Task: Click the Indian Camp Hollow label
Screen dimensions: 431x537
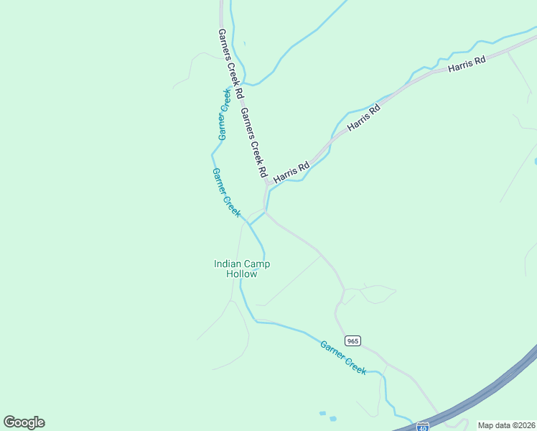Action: (x=242, y=269)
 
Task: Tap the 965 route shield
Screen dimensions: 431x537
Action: (x=352, y=340)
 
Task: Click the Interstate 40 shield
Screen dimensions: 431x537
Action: (x=423, y=427)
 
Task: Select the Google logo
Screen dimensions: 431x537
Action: (x=24, y=422)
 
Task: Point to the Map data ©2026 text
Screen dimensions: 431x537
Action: (x=506, y=425)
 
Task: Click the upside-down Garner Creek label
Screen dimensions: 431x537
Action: (x=224, y=114)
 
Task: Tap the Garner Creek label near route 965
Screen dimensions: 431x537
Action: (x=343, y=356)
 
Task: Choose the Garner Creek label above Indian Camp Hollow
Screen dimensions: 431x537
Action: (x=227, y=192)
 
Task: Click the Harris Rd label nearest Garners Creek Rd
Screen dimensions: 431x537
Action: (x=291, y=171)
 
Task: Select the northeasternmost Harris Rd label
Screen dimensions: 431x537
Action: (x=467, y=65)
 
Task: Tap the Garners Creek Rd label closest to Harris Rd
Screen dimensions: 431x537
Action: (x=254, y=143)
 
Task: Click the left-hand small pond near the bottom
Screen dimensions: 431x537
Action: (x=322, y=414)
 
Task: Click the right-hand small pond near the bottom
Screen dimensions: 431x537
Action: (x=333, y=418)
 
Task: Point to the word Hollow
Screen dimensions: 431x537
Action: (x=242, y=274)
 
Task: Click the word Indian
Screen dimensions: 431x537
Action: (x=227, y=264)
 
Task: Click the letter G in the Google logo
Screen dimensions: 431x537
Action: (x=9, y=422)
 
